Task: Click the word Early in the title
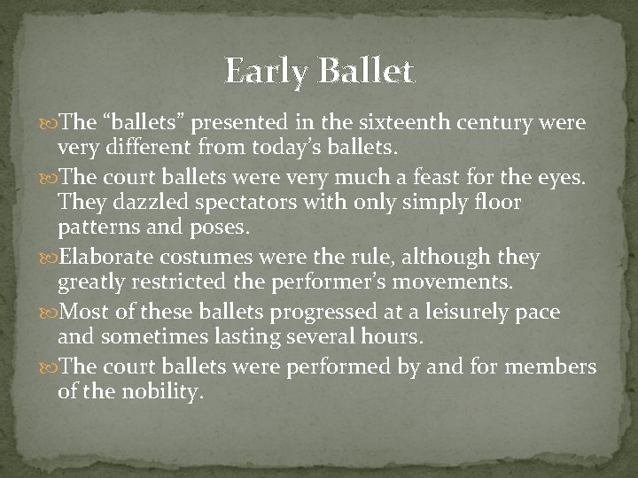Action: (x=266, y=70)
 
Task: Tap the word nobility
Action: (x=159, y=393)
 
